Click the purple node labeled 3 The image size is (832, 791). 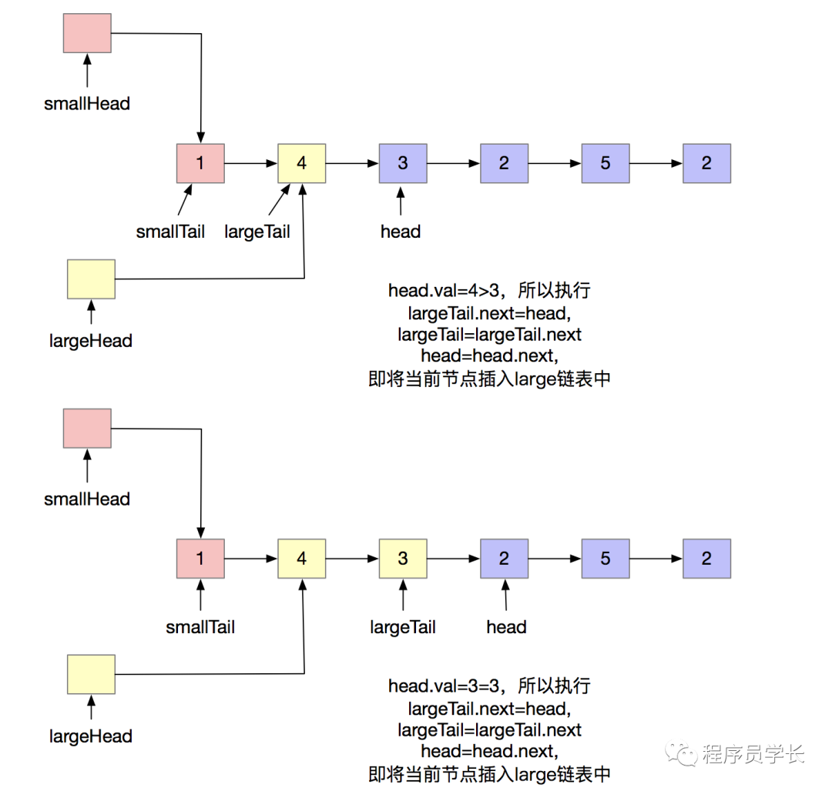coord(402,163)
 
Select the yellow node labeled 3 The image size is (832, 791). coord(402,558)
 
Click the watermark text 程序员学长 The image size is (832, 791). coord(753,754)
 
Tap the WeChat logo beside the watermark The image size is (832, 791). coord(683,753)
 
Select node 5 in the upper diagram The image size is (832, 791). coord(605,163)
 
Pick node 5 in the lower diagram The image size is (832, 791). coord(605,558)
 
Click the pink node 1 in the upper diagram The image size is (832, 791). coord(200,163)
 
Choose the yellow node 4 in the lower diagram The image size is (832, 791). coord(301,558)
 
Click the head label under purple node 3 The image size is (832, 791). coord(401,231)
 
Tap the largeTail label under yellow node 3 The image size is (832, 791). coord(402,627)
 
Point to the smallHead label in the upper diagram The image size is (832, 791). coord(87,103)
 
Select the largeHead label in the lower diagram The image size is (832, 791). coord(91,736)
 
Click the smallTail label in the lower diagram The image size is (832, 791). coord(200,627)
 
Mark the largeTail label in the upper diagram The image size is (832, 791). coord(257,231)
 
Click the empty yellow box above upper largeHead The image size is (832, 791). coord(91,279)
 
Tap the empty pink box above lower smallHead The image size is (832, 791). coord(86,428)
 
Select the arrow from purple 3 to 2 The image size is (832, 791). coord(453,163)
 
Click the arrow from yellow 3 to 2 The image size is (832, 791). coord(453,558)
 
